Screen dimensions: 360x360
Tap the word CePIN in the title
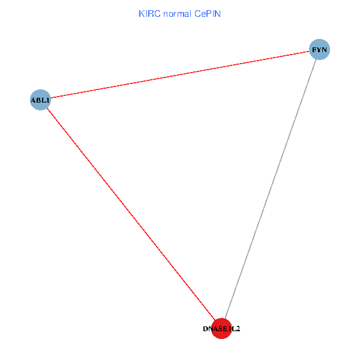[x=208, y=14]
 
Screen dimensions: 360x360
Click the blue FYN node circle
[x=320, y=50]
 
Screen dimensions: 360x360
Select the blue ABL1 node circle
[x=40, y=99]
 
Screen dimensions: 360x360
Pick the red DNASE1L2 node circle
[x=221, y=328]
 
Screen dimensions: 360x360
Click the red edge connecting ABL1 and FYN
[x=180, y=74]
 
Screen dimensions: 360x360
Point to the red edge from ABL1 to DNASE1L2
[x=131, y=214]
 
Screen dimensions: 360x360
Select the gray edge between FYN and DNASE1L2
[x=271, y=189]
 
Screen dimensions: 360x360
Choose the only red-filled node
[x=221, y=328]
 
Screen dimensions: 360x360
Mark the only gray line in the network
[x=271, y=189]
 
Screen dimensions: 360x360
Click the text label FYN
[x=320, y=50]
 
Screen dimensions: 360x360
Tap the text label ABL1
[x=40, y=100]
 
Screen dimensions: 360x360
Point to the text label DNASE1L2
[x=221, y=329]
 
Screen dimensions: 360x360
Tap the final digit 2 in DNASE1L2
[x=238, y=329]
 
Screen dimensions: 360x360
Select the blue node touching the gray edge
[x=320, y=50]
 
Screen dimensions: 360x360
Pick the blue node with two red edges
[x=40, y=99]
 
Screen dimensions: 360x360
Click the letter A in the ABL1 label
[x=33, y=100]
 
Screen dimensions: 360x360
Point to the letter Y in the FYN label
[x=320, y=50]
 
